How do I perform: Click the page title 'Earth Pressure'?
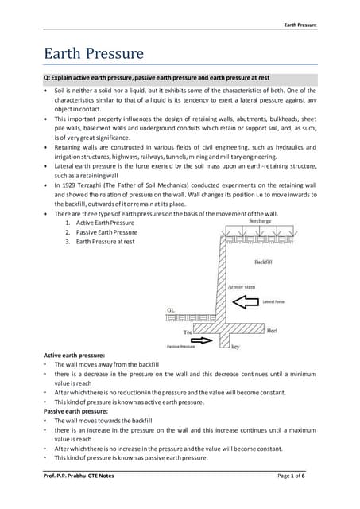[93, 54]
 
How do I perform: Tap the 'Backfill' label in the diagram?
[264, 261]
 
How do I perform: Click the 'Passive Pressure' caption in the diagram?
[182, 347]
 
